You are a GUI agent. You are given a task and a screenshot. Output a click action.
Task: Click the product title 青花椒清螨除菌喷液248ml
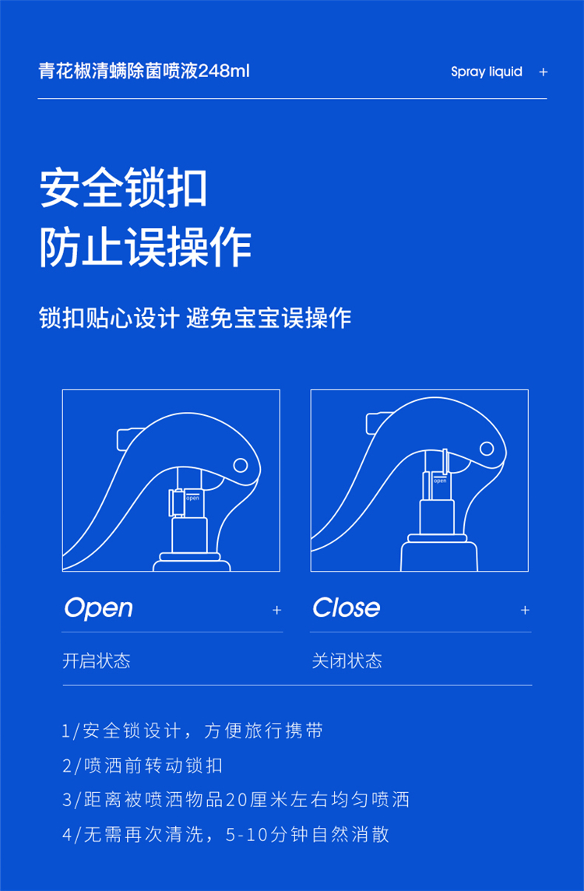click(144, 72)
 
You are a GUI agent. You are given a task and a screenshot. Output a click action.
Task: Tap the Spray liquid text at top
click(487, 72)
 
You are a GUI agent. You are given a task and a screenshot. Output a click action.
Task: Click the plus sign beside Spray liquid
click(543, 72)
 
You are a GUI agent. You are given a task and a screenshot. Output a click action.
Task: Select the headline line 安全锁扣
click(123, 188)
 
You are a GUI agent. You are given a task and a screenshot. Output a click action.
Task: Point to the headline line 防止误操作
click(145, 248)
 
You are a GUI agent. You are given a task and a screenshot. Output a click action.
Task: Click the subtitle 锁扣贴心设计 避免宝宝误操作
click(195, 318)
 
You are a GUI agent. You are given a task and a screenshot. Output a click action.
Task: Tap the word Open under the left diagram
click(98, 608)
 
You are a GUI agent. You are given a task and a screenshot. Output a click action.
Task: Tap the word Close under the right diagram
click(346, 607)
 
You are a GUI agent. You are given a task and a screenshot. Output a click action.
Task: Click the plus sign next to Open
click(276, 611)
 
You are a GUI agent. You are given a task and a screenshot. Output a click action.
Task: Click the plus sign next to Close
click(525, 611)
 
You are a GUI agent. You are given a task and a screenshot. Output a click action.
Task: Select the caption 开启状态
click(96, 661)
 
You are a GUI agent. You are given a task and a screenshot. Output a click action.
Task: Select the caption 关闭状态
click(347, 661)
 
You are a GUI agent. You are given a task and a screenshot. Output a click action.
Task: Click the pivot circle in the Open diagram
click(241, 466)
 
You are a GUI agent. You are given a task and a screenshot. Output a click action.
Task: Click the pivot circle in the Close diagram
click(487, 449)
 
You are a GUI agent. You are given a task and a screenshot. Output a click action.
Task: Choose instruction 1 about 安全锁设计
click(192, 731)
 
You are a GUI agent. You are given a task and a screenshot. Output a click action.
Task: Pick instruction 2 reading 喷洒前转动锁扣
click(142, 766)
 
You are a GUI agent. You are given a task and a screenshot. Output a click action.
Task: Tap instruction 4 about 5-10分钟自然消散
click(226, 835)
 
